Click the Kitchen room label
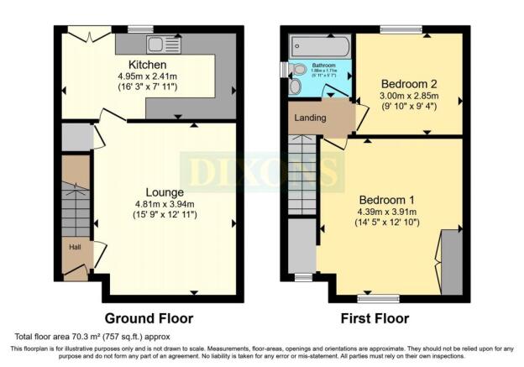[147, 65]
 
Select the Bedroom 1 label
[387, 200]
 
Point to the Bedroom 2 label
[409, 84]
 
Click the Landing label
[310, 118]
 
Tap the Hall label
[73, 247]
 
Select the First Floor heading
[375, 319]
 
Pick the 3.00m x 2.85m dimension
[409, 97]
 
